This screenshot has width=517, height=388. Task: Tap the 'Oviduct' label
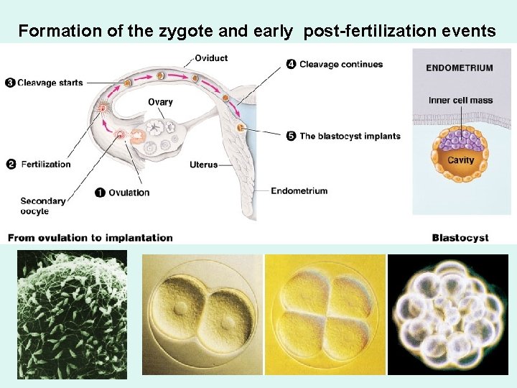[213, 58]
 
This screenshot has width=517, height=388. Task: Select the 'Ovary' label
[160, 102]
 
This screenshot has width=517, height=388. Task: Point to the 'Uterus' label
[203, 165]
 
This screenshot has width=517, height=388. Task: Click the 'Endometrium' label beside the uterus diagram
[299, 190]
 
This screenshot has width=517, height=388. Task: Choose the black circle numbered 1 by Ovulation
[101, 192]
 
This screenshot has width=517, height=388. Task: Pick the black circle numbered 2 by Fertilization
[11, 164]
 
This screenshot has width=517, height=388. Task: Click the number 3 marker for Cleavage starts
[9, 83]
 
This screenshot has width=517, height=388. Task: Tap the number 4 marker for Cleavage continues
[291, 64]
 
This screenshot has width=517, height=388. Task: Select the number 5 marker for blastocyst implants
[291, 136]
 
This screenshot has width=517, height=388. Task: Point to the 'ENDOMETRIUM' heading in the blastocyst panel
[460, 68]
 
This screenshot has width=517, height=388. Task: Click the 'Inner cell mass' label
[460, 100]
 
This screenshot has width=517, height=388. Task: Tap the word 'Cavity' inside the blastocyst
[460, 160]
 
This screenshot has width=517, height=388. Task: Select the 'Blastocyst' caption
[460, 237]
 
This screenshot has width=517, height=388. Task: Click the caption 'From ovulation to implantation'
[90, 237]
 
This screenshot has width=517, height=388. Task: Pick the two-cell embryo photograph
[202, 314]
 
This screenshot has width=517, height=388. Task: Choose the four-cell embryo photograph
[325, 314]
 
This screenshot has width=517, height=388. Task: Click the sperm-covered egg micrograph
[72, 314]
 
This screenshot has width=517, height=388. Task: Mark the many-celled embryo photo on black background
[447, 314]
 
